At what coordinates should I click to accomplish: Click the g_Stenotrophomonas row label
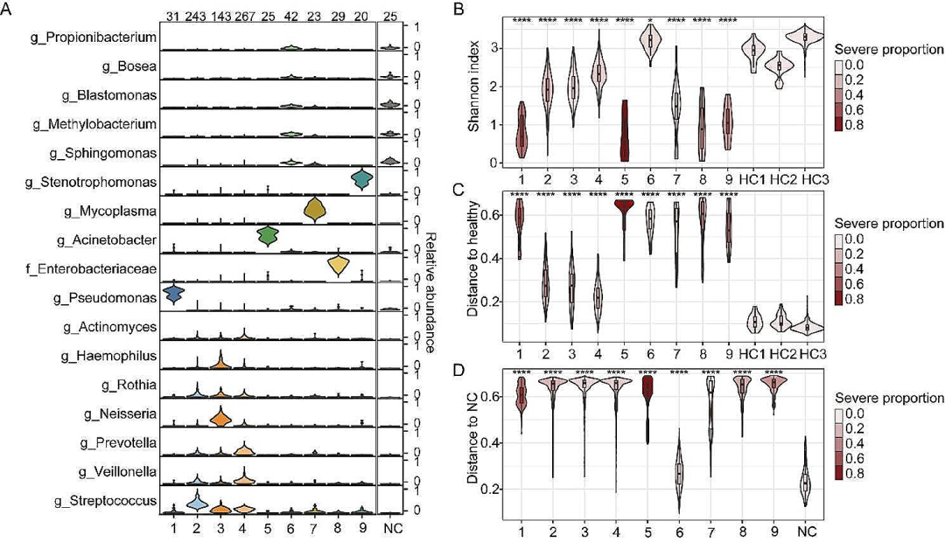(x=103, y=182)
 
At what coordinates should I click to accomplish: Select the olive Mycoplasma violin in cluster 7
(x=313, y=211)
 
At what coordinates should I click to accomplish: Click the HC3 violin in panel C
(x=817, y=326)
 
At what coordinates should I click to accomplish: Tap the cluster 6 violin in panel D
(x=648, y=472)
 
